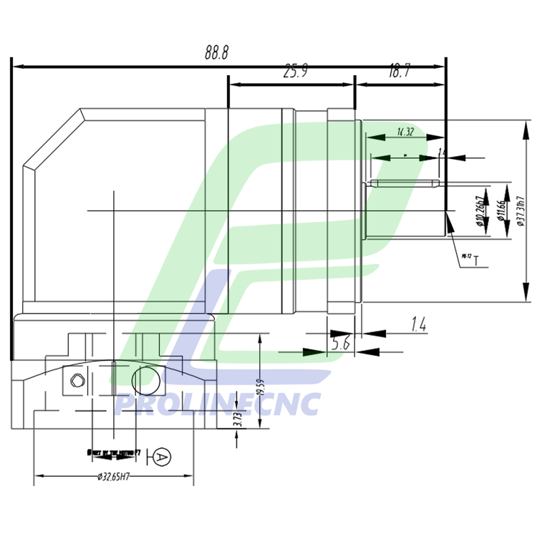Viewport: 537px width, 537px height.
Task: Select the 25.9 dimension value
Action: coord(295,71)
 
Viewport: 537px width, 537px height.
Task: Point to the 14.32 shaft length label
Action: coord(405,132)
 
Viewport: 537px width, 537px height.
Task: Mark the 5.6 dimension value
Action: coord(341,344)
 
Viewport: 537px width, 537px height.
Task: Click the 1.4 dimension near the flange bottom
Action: coord(419,326)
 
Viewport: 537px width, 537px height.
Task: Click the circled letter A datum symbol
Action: coord(162,456)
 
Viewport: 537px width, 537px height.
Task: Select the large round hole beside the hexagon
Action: coord(144,378)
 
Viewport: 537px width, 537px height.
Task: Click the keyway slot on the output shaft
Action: coord(405,184)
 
